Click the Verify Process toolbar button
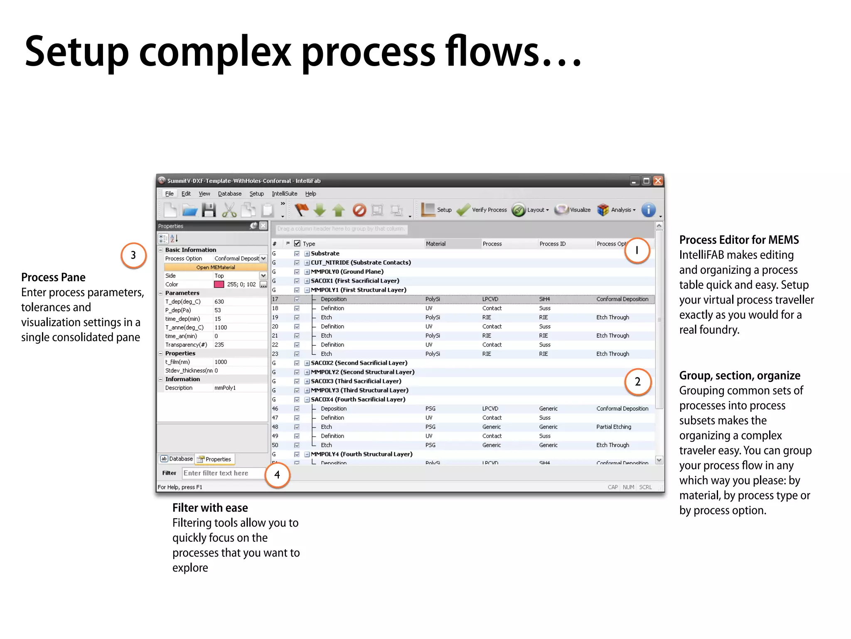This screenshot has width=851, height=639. point(482,210)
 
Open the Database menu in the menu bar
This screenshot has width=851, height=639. point(229,194)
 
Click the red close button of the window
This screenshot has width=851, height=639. point(658,181)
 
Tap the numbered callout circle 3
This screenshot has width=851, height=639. point(133,255)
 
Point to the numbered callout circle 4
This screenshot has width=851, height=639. point(277,475)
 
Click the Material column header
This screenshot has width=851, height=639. point(435,244)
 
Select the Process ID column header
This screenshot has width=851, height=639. point(552,244)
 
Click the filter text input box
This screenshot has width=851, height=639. point(223,473)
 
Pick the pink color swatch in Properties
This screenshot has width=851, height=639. point(219,285)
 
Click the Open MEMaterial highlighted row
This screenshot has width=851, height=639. point(216,267)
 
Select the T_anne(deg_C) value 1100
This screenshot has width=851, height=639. point(221,328)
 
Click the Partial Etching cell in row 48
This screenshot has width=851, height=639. point(613,427)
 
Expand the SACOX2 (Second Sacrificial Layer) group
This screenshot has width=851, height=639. point(307,363)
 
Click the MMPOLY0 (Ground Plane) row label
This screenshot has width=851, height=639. point(347,272)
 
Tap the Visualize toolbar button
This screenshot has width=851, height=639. point(573,210)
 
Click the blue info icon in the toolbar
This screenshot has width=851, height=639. point(648,210)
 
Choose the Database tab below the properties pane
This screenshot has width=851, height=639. point(177,459)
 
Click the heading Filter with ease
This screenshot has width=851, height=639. point(210,508)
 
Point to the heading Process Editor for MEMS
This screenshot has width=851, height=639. point(739,240)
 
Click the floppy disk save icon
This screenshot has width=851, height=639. point(209,210)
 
